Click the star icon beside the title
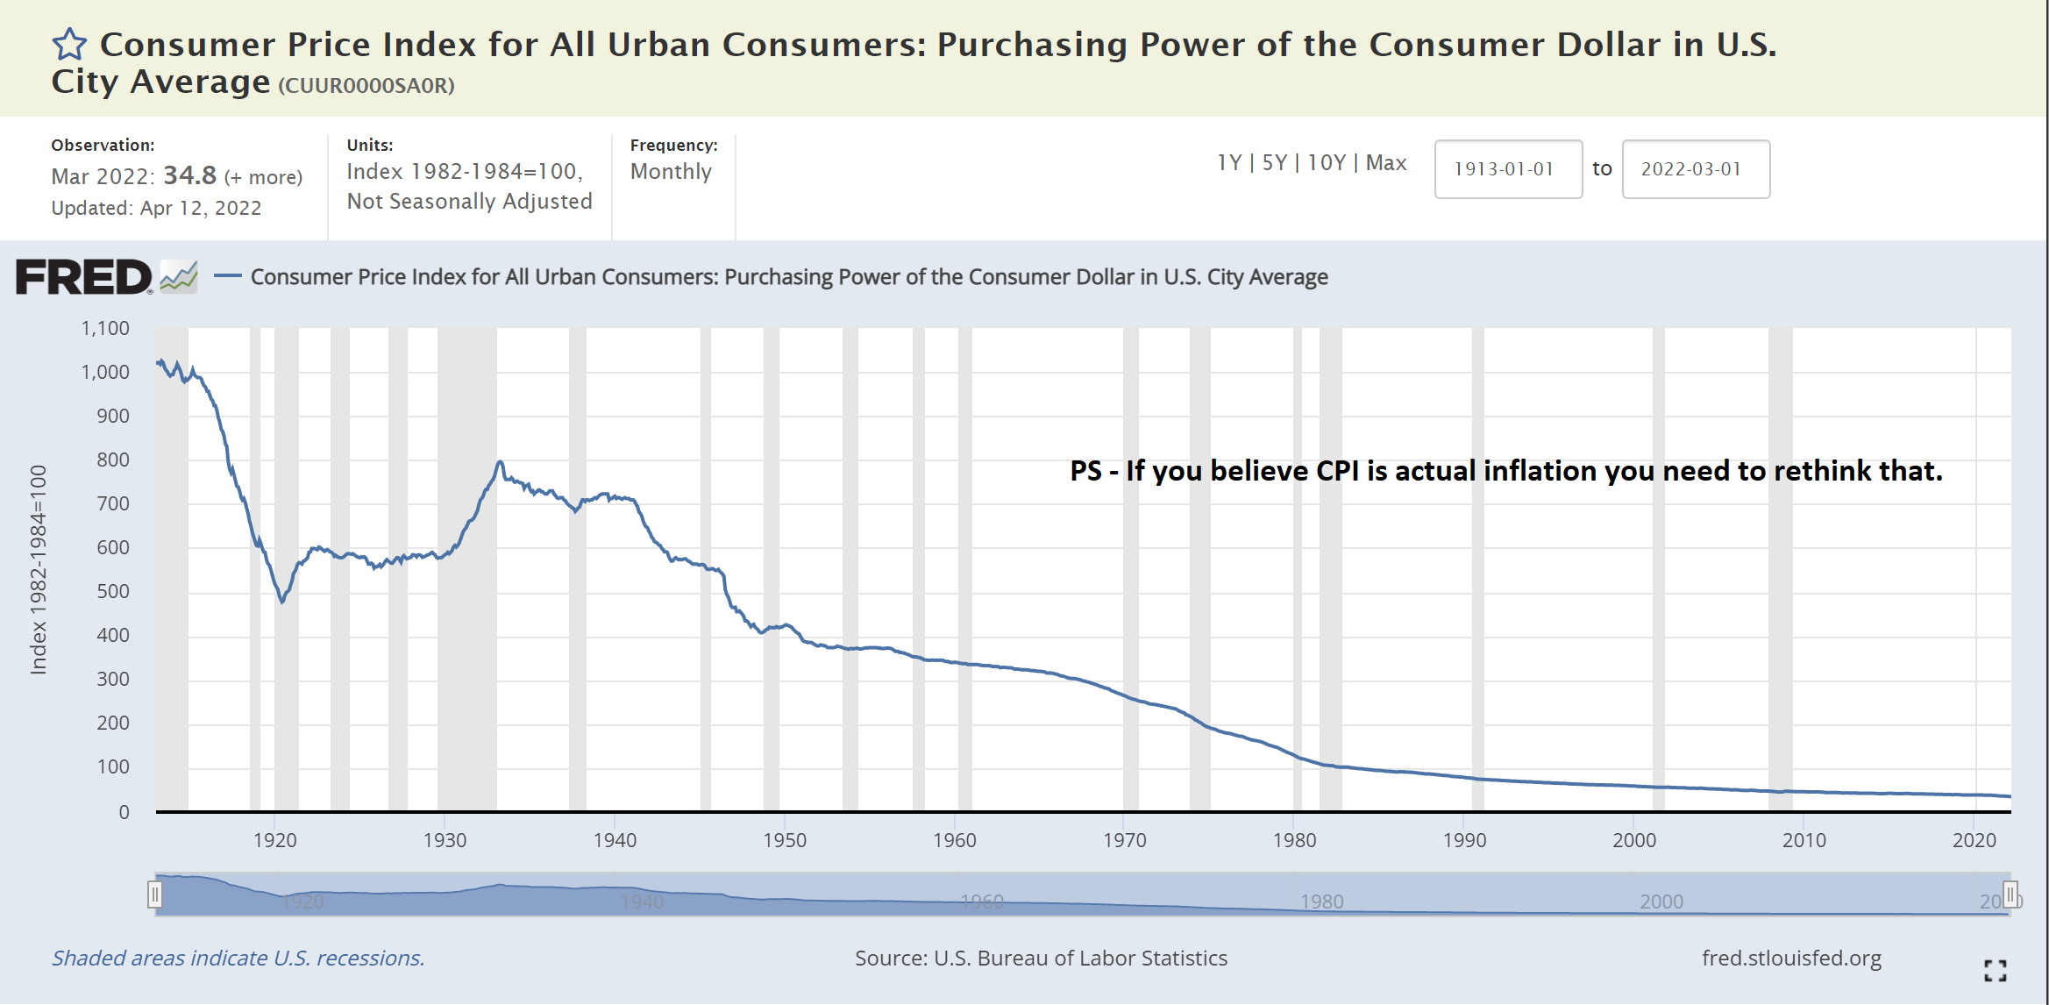(x=69, y=44)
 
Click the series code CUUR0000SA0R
(x=366, y=86)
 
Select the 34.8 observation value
(x=189, y=175)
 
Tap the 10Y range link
(x=1326, y=163)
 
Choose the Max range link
(x=1386, y=163)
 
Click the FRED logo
(x=84, y=277)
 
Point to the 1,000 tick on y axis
(x=105, y=372)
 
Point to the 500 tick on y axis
(x=112, y=591)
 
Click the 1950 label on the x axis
(x=785, y=840)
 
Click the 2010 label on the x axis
(x=1804, y=840)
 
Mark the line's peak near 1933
(x=499, y=461)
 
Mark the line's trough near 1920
(x=282, y=602)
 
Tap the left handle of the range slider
(x=155, y=895)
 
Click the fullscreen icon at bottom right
(x=1996, y=970)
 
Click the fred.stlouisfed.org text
(x=1791, y=959)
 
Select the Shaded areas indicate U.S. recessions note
(x=238, y=959)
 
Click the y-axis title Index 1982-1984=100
(x=39, y=570)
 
